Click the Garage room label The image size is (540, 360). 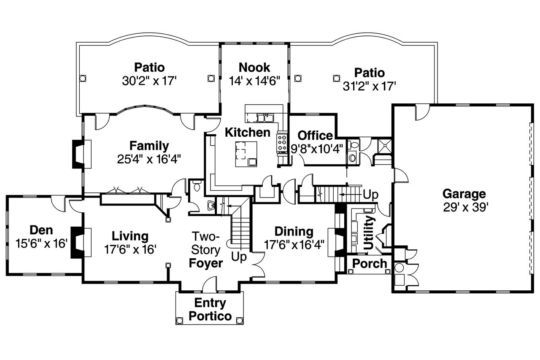tap(464, 194)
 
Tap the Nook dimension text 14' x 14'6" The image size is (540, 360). tap(254, 81)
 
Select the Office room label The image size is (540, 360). tap(315, 135)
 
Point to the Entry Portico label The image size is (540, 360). tap(210, 309)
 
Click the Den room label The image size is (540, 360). tap(41, 230)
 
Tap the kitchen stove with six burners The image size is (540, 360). tap(282, 143)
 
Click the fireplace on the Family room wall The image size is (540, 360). tap(78, 154)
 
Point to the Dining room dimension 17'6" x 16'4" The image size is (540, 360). tap(294, 245)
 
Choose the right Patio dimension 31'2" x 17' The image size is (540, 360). tap(369, 86)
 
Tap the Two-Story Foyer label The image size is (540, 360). tap(206, 249)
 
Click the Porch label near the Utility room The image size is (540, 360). tap(370, 264)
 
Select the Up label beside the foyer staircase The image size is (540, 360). tap(239, 257)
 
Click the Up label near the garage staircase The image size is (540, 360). tap(370, 195)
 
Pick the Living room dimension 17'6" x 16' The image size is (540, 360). tap(130, 249)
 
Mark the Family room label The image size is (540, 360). tap(149, 146)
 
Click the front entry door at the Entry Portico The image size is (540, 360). tap(209, 286)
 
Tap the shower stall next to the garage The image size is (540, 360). tap(383, 145)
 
